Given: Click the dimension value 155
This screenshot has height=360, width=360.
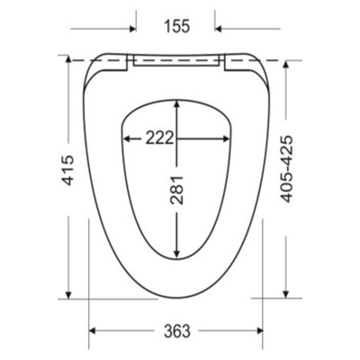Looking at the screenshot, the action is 177,26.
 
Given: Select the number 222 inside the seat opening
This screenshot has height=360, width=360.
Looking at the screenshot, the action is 159,139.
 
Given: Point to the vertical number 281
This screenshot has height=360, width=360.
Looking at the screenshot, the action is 176,190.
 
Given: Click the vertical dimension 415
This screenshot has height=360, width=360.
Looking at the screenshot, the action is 67,170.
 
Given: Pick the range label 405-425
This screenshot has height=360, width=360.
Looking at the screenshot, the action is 286,169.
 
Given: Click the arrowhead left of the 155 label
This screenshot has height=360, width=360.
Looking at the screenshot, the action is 133,29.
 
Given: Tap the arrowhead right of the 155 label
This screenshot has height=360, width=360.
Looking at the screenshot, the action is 218,29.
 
